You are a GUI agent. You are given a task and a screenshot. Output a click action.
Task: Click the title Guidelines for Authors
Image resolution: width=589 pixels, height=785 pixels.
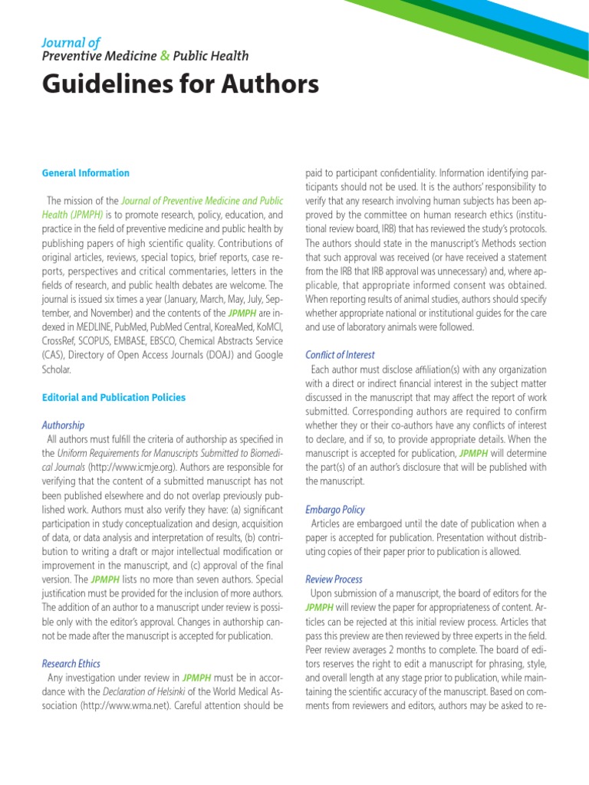tap(179, 84)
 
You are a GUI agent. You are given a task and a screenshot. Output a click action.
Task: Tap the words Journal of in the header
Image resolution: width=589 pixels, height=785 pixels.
tap(71, 42)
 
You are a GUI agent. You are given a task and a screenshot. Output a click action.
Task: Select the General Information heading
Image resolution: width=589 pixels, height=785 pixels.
tap(85, 173)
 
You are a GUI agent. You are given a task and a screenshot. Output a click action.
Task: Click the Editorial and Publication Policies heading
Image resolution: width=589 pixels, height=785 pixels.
tap(114, 398)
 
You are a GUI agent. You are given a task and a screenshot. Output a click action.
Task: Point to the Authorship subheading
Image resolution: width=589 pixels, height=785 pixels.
tap(63, 425)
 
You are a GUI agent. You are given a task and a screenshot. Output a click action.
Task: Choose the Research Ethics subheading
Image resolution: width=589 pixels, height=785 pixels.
tap(71, 663)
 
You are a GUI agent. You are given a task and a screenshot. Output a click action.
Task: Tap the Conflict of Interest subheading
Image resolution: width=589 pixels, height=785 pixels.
tap(340, 355)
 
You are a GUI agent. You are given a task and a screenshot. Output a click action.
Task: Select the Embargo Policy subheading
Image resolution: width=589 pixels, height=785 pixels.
tap(334, 509)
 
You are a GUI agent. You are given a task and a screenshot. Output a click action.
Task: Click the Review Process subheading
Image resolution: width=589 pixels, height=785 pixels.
tap(334, 579)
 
